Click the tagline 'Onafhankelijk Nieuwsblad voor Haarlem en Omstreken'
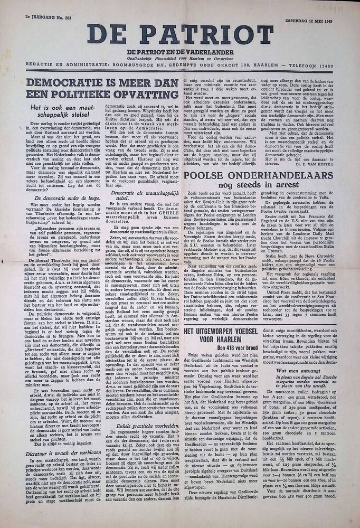pyautogui.click(x=180, y=57)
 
